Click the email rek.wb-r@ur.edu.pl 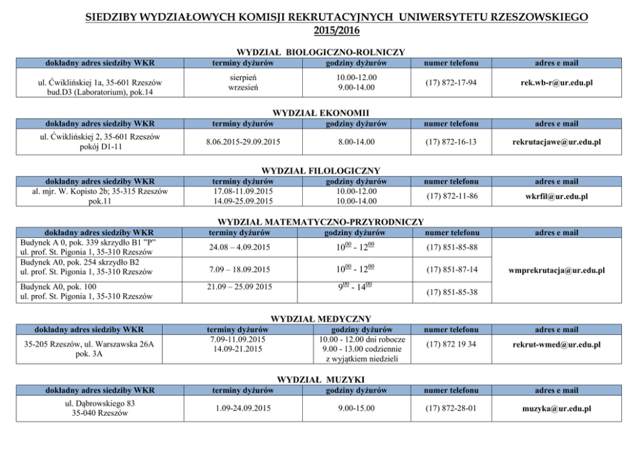pyautogui.click(x=557, y=83)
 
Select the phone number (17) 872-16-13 pyautogui.click(x=450, y=142)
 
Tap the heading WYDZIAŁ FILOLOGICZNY pyautogui.click(x=320, y=171)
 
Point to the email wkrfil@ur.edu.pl pyautogui.click(x=557, y=196)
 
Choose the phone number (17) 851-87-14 pyautogui.click(x=451, y=269)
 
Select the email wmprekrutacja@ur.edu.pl pyautogui.click(x=557, y=270)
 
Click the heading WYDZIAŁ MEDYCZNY pyautogui.click(x=320, y=319)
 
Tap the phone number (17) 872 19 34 pyautogui.click(x=451, y=344)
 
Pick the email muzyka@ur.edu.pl pyautogui.click(x=557, y=409)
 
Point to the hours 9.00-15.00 pyautogui.click(x=356, y=408)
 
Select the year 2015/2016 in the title pyautogui.click(x=337, y=30)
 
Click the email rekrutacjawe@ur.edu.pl pyautogui.click(x=557, y=142)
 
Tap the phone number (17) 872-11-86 pyautogui.click(x=451, y=196)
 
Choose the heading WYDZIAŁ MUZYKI pyautogui.click(x=320, y=379)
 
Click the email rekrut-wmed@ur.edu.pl pyautogui.click(x=557, y=345)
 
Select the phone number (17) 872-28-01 pyautogui.click(x=451, y=408)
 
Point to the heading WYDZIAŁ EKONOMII pyautogui.click(x=320, y=113)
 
